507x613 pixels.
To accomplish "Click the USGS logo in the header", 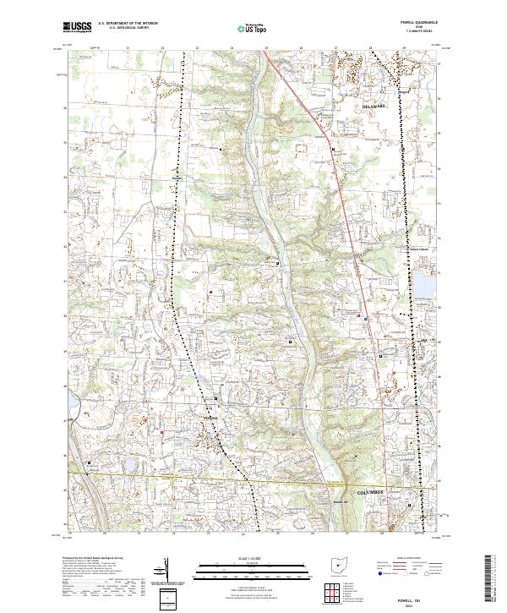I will coord(77,28).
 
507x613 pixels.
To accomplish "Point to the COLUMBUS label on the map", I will coord(370,491).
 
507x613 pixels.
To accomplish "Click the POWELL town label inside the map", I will coord(209,418).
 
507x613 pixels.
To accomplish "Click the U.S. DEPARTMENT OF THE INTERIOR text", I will coord(128,24).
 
